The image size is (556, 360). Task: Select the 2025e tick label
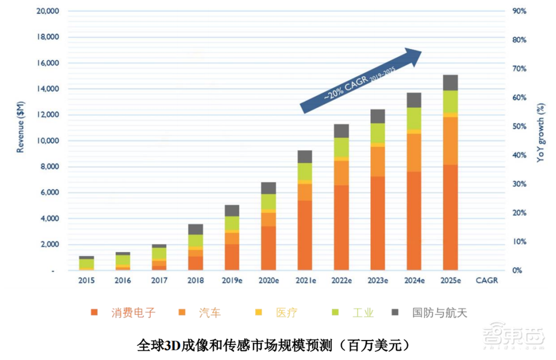pos(450,281)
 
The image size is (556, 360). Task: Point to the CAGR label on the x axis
pos(487,281)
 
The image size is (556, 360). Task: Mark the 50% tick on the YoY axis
pos(519,127)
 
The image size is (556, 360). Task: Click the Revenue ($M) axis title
pos(20,128)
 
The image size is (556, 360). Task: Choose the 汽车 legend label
pos(210,313)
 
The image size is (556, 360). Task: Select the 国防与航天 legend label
pos(439,313)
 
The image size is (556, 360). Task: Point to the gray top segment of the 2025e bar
pos(450,82)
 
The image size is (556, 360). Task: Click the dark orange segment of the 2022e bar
pos(341,228)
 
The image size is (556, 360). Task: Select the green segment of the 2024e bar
pos(414,118)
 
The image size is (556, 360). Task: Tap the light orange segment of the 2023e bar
pos(378,161)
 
